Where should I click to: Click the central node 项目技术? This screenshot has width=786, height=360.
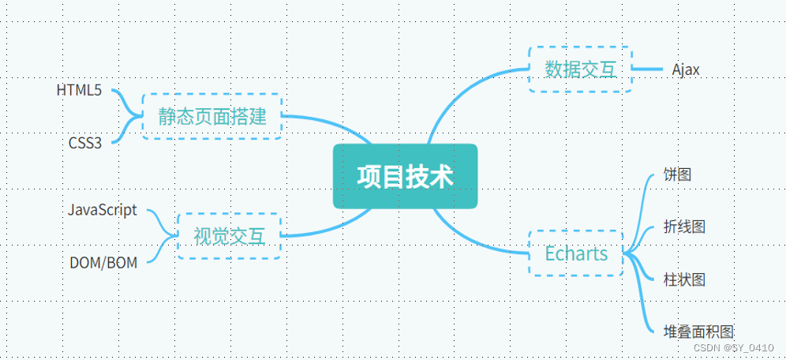405,176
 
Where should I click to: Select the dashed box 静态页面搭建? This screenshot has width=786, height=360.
212,117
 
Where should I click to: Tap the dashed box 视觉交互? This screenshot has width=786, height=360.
230,236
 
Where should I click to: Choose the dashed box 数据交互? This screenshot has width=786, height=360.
580,69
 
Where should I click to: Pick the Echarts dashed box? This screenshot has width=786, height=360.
576,253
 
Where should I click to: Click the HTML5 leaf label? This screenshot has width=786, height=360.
79,90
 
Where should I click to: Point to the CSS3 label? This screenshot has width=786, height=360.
85,143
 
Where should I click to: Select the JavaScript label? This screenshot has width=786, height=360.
102,210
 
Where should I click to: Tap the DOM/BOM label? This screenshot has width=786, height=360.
103,263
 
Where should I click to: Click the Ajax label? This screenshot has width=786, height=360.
686,69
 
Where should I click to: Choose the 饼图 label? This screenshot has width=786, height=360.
678,174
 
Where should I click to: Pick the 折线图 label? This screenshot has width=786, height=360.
685,227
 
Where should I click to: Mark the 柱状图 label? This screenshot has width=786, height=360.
685,279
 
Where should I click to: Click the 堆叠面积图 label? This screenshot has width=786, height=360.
700,332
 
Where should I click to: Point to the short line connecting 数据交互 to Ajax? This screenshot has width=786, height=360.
647,69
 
